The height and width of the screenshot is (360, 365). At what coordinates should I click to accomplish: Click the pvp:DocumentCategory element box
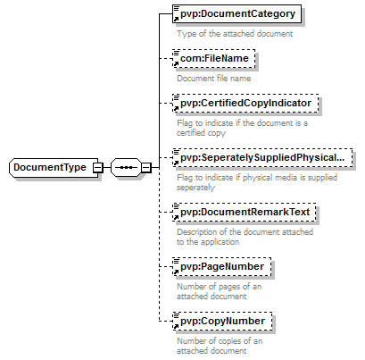(x=236, y=13)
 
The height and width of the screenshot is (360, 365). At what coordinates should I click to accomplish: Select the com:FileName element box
(x=214, y=58)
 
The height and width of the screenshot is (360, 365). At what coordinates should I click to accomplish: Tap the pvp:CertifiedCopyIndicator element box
(x=245, y=103)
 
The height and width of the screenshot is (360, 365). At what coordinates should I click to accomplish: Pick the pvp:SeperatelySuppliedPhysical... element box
(x=262, y=157)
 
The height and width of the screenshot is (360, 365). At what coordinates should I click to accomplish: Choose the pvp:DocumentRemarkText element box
(x=245, y=212)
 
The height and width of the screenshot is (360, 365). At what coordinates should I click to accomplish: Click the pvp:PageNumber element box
(x=222, y=266)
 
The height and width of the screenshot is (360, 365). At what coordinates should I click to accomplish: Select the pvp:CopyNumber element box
(x=222, y=321)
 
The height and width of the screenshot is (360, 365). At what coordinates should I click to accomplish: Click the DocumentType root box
(x=54, y=168)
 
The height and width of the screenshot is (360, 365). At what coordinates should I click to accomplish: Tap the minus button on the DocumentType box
(x=98, y=168)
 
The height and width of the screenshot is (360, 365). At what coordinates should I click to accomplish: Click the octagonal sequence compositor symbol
(x=126, y=168)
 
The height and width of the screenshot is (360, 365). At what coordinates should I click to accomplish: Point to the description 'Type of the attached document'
(x=235, y=34)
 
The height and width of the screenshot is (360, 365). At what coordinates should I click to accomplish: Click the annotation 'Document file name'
(x=214, y=79)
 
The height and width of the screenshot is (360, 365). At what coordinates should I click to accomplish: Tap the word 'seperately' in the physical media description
(x=195, y=188)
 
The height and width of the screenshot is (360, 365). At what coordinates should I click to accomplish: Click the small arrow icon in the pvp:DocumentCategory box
(x=176, y=20)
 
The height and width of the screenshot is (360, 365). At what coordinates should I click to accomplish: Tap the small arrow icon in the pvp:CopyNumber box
(x=176, y=327)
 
